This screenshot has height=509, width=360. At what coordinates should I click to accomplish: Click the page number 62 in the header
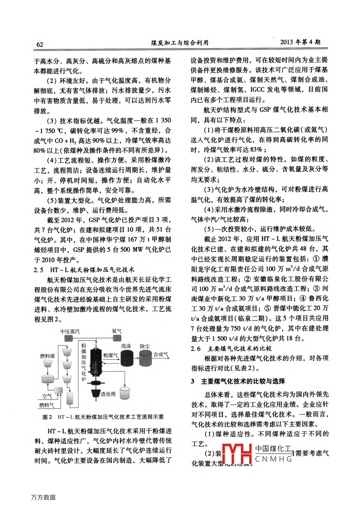click(40, 44)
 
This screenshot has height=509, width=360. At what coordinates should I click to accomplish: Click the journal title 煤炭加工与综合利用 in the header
click(180, 43)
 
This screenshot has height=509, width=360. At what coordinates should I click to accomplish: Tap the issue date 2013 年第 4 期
click(300, 42)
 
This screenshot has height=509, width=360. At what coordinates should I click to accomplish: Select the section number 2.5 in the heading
click(39, 270)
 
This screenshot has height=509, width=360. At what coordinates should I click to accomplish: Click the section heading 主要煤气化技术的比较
click(240, 348)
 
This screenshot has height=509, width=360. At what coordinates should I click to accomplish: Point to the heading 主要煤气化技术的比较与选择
click(243, 381)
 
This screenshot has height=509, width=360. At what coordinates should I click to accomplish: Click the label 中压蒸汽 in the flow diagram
click(70, 332)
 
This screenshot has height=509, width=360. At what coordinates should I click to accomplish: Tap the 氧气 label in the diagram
click(117, 331)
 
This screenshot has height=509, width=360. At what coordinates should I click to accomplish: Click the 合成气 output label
click(161, 354)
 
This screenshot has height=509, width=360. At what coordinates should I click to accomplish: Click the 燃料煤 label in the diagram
click(47, 356)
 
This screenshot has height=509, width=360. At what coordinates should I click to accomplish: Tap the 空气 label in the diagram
click(47, 396)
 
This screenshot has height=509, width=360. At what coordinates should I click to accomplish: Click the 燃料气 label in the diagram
click(46, 405)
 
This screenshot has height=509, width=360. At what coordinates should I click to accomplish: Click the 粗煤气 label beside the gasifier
click(110, 355)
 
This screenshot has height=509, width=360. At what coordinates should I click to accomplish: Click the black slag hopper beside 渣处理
click(95, 393)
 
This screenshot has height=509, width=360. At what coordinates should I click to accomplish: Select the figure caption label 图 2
click(47, 417)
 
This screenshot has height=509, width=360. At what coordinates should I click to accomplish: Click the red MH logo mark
click(237, 454)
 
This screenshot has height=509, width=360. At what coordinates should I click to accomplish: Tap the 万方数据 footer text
click(43, 497)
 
